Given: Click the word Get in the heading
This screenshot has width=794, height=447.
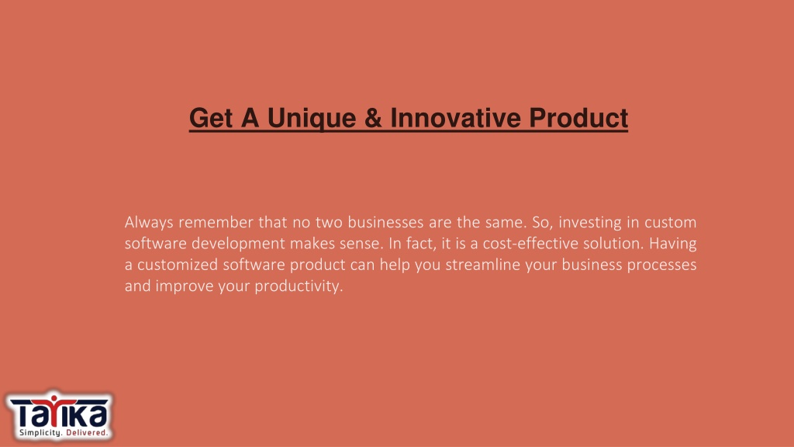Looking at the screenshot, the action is [211, 118].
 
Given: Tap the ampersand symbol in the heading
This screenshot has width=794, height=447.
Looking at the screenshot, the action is [373, 118].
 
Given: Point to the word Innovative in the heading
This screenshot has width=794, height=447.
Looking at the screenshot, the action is [456, 118].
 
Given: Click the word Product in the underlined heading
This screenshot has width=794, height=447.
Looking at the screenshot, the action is [578, 118].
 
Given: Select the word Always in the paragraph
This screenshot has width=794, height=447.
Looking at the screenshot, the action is [150, 223].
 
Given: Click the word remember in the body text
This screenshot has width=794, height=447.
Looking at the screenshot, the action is [216, 223].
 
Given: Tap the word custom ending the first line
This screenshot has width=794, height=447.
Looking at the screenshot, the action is [671, 223].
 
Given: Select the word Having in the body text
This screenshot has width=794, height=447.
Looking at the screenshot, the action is [673, 244].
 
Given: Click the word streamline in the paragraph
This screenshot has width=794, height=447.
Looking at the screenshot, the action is [483, 265].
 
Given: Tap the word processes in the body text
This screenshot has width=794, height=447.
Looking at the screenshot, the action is [662, 266].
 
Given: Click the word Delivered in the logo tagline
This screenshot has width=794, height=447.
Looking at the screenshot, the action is [87, 433].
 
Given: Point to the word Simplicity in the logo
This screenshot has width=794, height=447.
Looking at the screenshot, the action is [40, 433].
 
